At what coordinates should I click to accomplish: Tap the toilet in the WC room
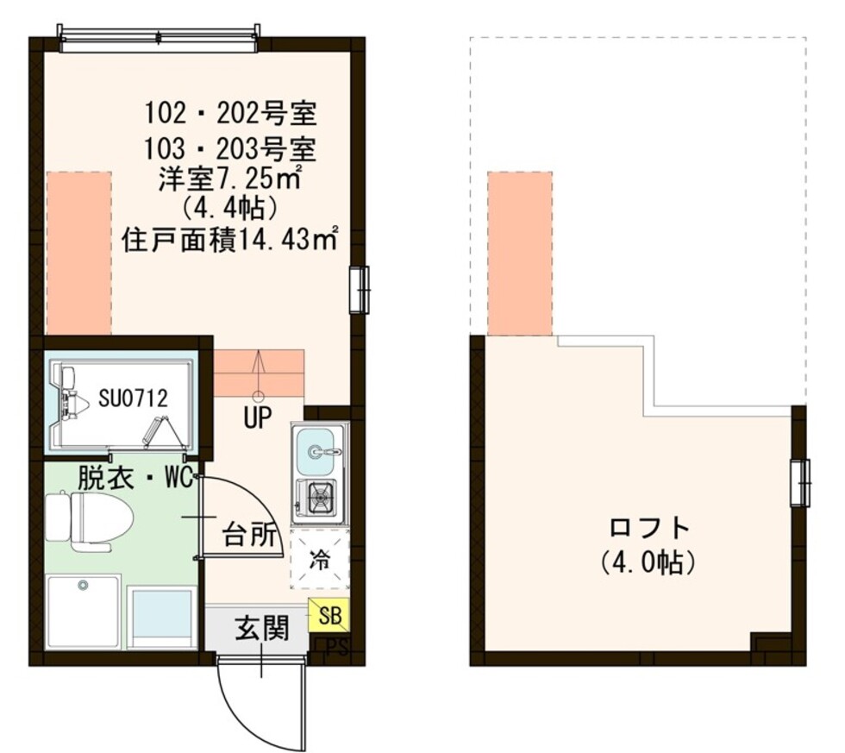click(91, 520)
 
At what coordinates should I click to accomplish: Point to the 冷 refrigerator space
click(319, 559)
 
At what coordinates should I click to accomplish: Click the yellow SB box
click(329, 614)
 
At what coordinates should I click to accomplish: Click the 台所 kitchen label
click(253, 536)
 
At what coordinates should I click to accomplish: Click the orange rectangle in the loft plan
click(519, 254)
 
